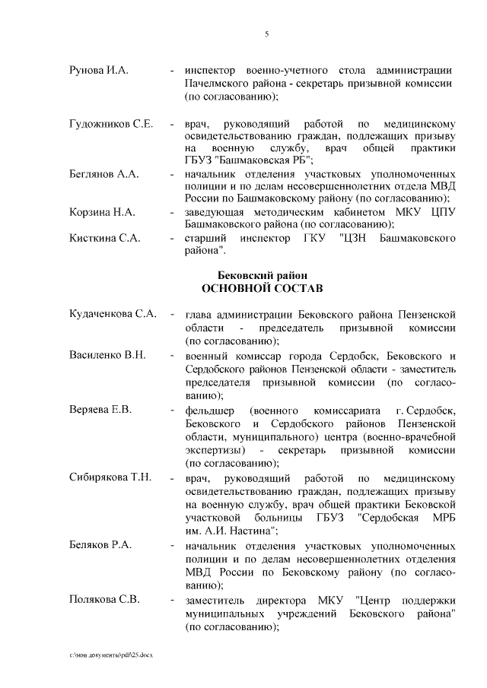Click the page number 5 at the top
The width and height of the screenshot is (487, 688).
[x=266, y=33]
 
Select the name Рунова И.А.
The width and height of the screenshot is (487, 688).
[x=98, y=70]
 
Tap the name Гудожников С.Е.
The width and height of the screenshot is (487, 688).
[x=111, y=123]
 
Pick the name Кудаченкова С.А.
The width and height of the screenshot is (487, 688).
[x=113, y=313]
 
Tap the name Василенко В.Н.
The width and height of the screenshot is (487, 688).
[x=107, y=355]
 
